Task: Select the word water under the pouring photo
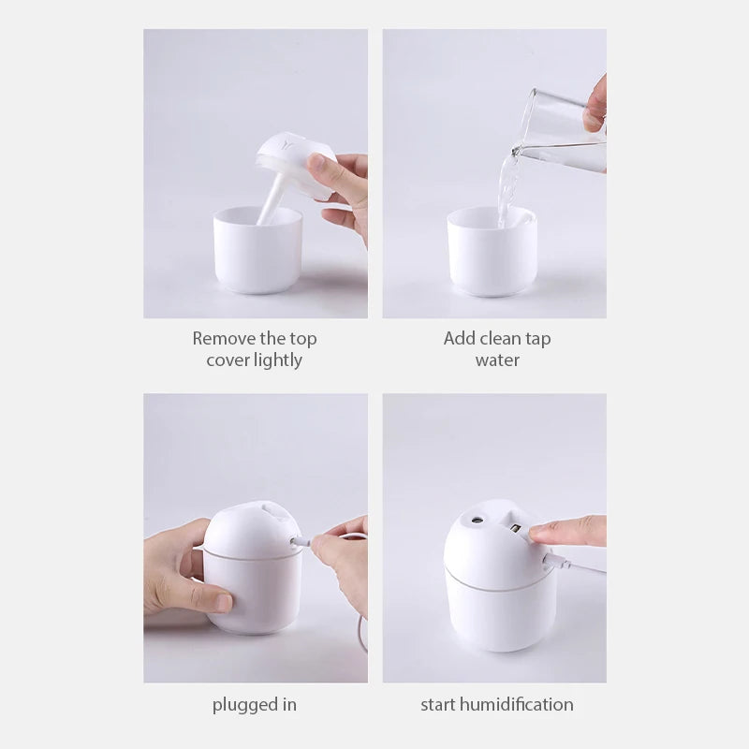[x=497, y=360]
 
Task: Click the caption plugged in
[x=255, y=705]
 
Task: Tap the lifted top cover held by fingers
[x=295, y=164]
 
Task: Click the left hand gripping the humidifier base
[x=183, y=571]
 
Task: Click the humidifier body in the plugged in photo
[x=253, y=580]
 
